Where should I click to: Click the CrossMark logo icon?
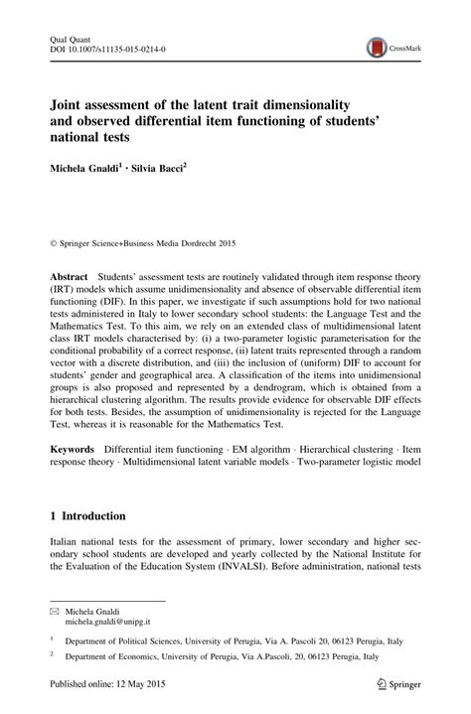pyautogui.click(x=376, y=46)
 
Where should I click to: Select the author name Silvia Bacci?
pyautogui.click(x=157, y=169)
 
